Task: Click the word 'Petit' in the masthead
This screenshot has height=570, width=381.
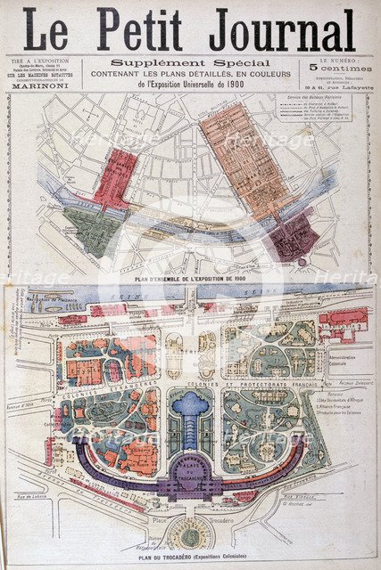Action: [146, 30]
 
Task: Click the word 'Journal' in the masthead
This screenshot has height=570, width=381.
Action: [281, 30]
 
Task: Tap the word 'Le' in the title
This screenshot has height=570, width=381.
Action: [46, 30]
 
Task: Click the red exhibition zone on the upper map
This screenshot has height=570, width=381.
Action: [115, 178]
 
